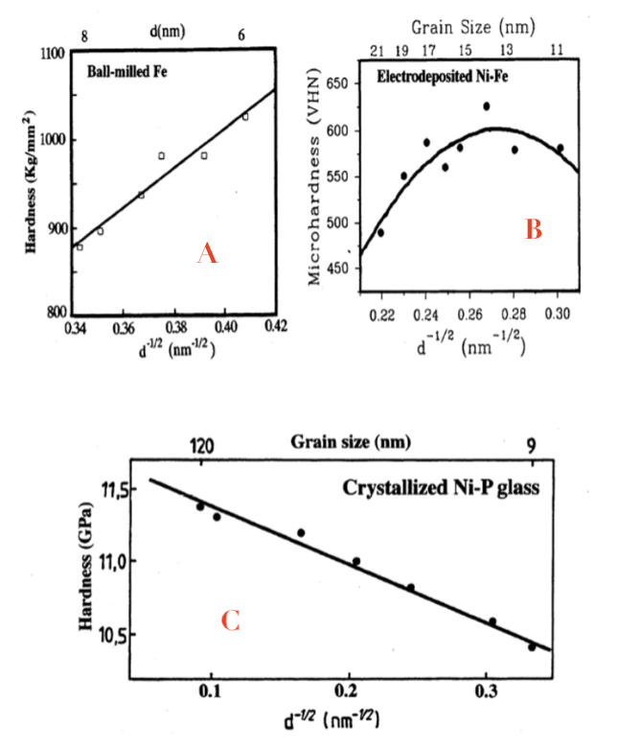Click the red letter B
[x=534, y=228]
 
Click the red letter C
[x=230, y=621]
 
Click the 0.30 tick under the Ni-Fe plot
[x=559, y=314]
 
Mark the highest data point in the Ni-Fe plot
[x=487, y=106]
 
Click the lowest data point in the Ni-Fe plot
[x=380, y=232]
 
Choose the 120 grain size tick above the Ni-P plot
[x=202, y=446]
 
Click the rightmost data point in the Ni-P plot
[x=532, y=646]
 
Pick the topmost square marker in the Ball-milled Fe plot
[x=245, y=117]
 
